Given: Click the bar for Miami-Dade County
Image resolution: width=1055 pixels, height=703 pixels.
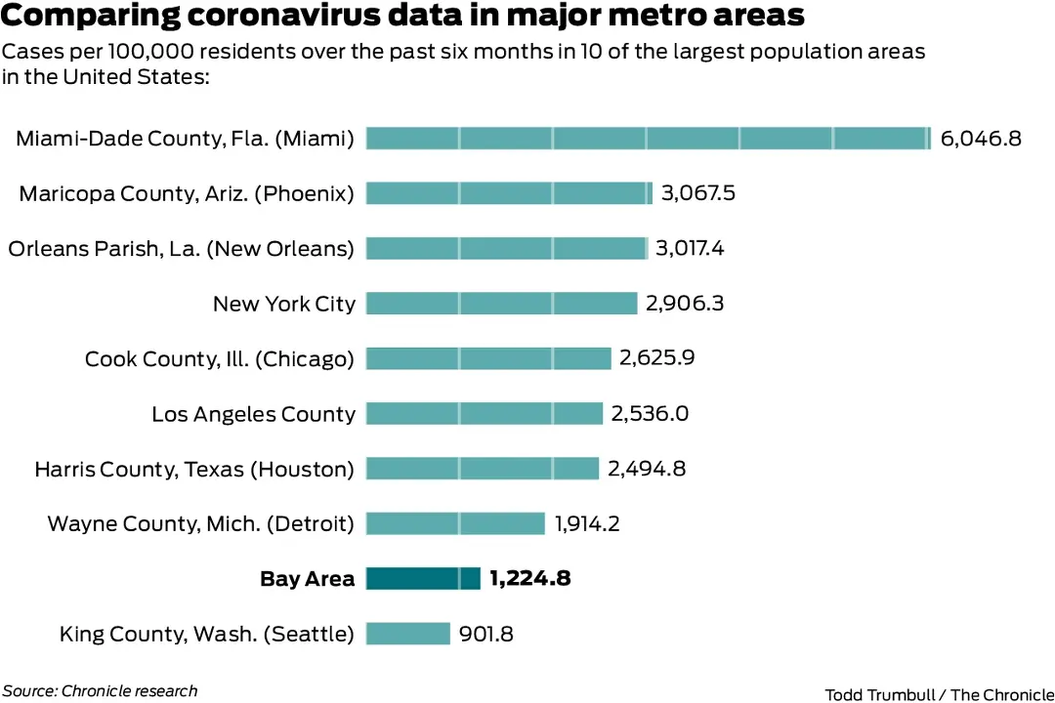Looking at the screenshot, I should pyautogui.click(x=649, y=139).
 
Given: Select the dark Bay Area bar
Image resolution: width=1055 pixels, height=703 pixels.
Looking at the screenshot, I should pyautogui.click(x=423, y=579).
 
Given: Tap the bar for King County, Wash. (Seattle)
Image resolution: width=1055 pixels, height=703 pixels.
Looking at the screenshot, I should pyautogui.click(x=408, y=634).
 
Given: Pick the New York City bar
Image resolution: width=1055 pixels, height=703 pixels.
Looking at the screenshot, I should pyautogui.click(x=501, y=304).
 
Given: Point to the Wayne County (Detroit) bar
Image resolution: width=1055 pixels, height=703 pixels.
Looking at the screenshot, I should pyautogui.click(x=455, y=524).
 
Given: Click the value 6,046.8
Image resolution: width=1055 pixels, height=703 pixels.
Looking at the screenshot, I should pyautogui.click(x=981, y=139).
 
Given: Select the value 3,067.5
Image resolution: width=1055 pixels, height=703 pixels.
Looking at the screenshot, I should pyautogui.click(x=698, y=193).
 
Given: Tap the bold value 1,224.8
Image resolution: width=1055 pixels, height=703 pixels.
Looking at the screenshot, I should pyautogui.click(x=530, y=579).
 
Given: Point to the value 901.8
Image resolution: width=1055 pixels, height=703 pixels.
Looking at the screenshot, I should pyautogui.click(x=486, y=634).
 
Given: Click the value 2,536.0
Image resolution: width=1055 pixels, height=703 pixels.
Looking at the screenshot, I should pyautogui.click(x=651, y=414).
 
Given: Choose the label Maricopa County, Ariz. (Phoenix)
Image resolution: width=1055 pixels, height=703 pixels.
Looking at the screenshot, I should pyautogui.click(x=187, y=193).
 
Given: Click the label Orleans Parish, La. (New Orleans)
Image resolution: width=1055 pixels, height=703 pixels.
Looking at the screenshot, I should pyautogui.click(x=181, y=249).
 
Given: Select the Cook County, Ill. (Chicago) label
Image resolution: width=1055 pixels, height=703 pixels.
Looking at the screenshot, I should pyautogui.click(x=220, y=358).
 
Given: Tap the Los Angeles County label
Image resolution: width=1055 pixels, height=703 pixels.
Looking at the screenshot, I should pyautogui.click(x=253, y=414).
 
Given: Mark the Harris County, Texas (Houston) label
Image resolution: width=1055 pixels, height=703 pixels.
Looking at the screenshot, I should pyautogui.click(x=194, y=469).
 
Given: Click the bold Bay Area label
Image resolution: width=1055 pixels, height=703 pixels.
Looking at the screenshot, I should pyautogui.click(x=307, y=579).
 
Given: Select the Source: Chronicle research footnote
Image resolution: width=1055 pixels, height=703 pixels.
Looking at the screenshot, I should pyautogui.click(x=100, y=691).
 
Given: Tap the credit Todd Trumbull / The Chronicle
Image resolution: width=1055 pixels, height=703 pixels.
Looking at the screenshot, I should pyautogui.click(x=939, y=694).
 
